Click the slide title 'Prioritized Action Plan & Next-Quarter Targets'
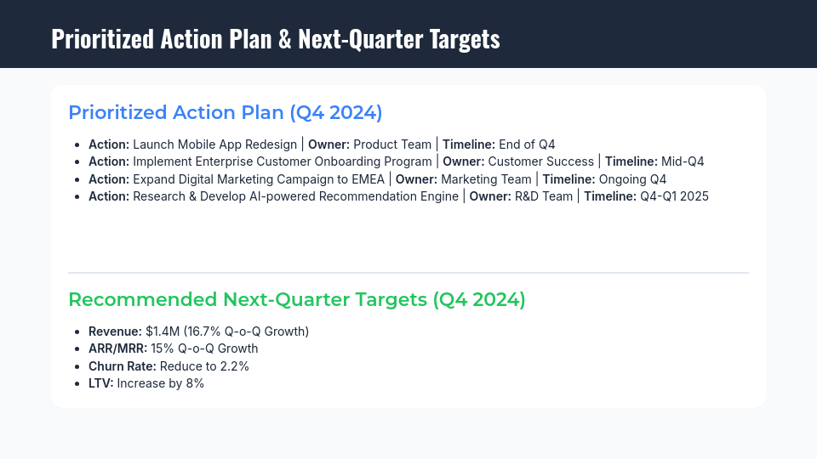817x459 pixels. [x=275, y=39]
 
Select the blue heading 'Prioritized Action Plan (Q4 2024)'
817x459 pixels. [x=225, y=113]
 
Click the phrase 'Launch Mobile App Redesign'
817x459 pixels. [x=214, y=144]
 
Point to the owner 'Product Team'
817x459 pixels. [x=392, y=144]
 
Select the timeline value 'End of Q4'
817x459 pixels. [x=527, y=144]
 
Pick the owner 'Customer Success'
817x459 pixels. [x=541, y=161]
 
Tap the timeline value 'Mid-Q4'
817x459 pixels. [x=683, y=161]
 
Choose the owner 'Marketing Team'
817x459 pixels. [x=486, y=179]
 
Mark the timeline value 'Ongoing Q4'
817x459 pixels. [x=632, y=179]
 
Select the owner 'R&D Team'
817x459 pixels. [x=544, y=196]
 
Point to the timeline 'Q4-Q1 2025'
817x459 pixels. [x=674, y=196]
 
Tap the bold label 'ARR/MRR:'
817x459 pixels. [x=117, y=348]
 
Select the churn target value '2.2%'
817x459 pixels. [x=235, y=366]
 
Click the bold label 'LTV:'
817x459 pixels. [x=100, y=383]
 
